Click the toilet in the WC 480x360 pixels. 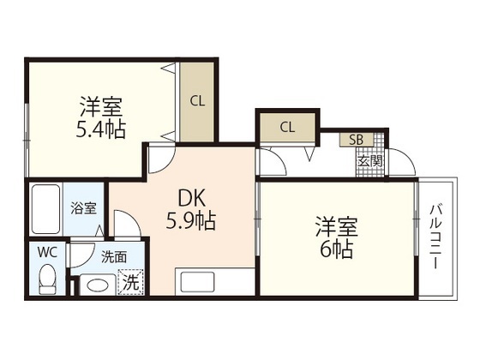click(x=47, y=279)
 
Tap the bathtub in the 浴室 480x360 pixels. click(x=45, y=209)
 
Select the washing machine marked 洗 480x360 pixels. click(x=130, y=282)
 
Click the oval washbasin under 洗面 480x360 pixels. click(x=98, y=285)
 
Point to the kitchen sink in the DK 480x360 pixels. click(x=197, y=282)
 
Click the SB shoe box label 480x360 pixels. click(x=357, y=140)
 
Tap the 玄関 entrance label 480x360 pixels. click(x=370, y=161)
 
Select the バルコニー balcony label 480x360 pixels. click(x=436, y=237)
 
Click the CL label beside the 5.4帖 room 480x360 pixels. click(x=197, y=101)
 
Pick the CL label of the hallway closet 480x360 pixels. click(x=287, y=128)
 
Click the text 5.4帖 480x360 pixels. click(x=101, y=129)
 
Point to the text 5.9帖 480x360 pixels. click(x=191, y=220)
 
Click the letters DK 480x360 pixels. click(x=191, y=198)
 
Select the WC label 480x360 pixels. click(x=47, y=253)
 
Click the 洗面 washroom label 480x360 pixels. click(x=114, y=257)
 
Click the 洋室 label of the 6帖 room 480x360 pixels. click(x=337, y=227)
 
